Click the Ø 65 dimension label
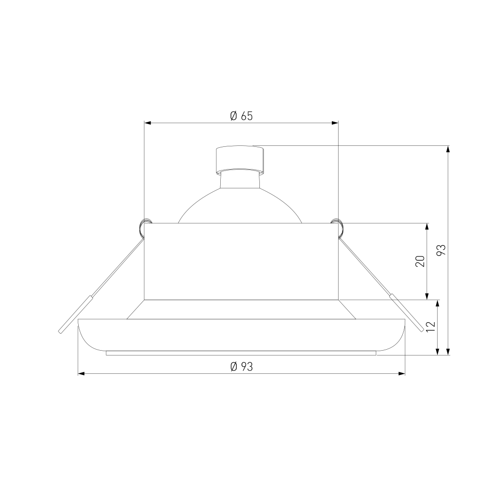pyautogui.click(x=241, y=116)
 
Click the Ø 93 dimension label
pyautogui.click(x=241, y=367)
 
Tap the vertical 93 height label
pyautogui.click(x=441, y=250)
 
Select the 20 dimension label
pyautogui.click(x=421, y=261)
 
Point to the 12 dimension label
pyautogui.click(x=431, y=327)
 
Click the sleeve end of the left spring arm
pyautogui.click(x=76, y=314)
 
